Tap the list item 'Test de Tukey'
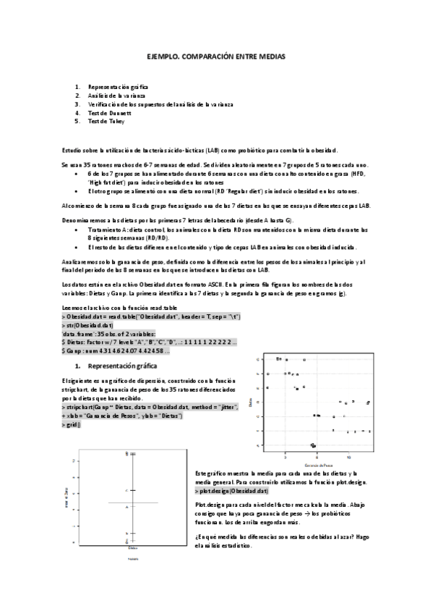coord(106,122)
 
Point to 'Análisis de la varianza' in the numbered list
coord(116,96)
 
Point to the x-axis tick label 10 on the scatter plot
coord(349,458)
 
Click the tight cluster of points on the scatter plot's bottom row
coord(313,445)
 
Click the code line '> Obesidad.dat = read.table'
coord(140,317)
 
